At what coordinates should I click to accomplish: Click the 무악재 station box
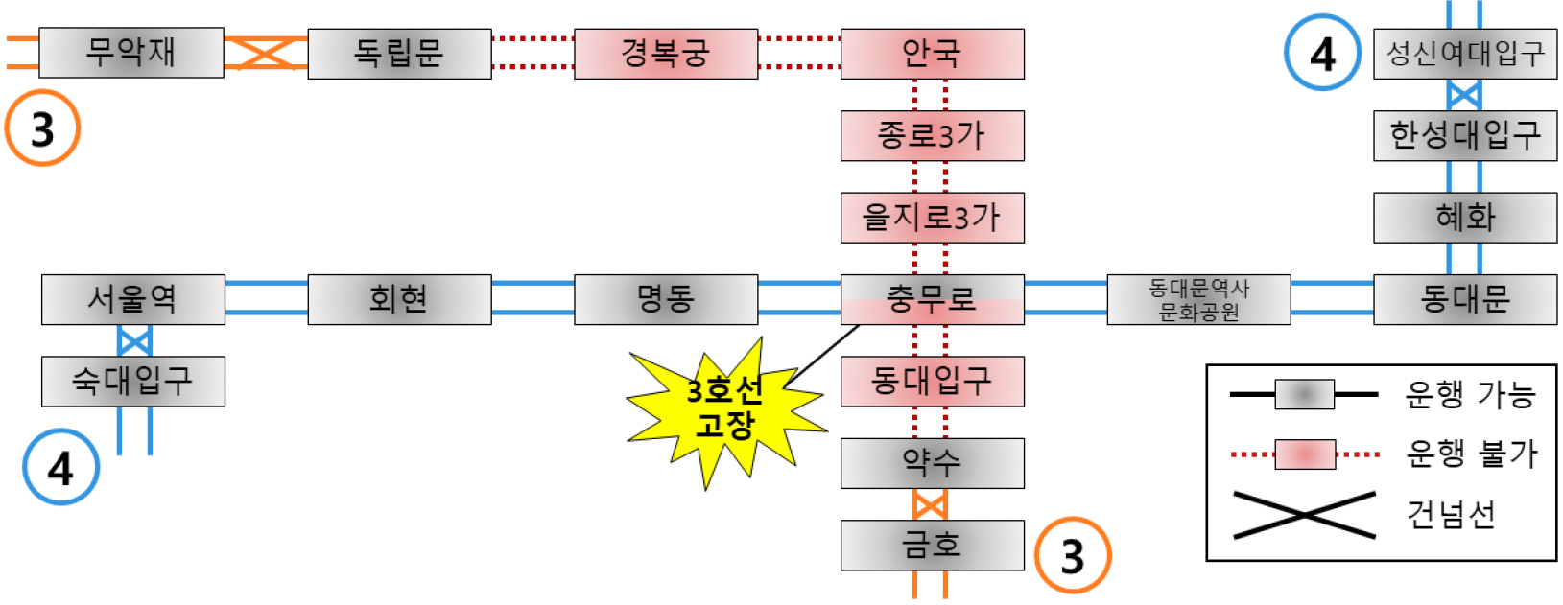click(131, 53)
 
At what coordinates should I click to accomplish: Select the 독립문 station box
click(399, 54)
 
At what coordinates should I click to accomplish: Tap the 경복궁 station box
click(666, 54)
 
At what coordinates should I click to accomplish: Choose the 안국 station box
click(932, 54)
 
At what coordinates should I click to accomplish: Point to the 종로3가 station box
click(932, 136)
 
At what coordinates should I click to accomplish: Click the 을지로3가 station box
click(932, 218)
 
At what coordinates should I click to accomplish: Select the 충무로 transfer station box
click(932, 300)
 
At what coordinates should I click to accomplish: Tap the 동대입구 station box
click(932, 382)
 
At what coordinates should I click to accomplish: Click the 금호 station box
click(932, 546)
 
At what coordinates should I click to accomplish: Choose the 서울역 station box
click(133, 300)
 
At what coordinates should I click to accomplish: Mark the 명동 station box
click(666, 300)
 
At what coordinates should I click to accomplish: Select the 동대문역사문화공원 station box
click(1198, 300)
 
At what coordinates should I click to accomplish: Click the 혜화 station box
click(1465, 218)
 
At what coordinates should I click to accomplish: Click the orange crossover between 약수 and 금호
click(930, 504)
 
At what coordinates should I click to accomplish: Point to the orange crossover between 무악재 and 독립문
click(266, 53)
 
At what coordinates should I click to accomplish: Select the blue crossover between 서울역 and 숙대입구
click(134, 340)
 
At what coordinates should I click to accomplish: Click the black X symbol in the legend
click(1303, 515)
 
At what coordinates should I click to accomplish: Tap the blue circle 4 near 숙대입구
click(60, 467)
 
